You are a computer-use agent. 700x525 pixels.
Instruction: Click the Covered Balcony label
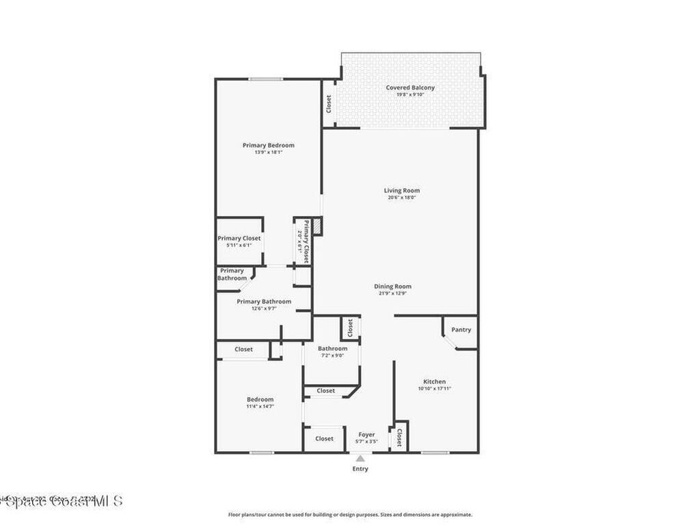(x=410, y=87)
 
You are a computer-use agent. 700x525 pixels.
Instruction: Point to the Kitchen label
(x=434, y=381)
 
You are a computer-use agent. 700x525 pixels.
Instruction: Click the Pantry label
(x=461, y=329)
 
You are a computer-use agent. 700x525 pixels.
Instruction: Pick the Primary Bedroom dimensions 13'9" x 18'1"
(x=269, y=152)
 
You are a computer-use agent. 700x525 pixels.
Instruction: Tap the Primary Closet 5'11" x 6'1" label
(x=239, y=239)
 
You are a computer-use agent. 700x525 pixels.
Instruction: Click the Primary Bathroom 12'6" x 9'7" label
(x=264, y=301)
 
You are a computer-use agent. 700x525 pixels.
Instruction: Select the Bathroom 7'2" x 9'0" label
(x=332, y=349)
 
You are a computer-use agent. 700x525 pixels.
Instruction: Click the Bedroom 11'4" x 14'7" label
(x=260, y=399)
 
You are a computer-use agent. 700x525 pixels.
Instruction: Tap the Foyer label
(x=367, y=435)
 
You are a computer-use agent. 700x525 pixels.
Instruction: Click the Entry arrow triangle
(x=360, y=459)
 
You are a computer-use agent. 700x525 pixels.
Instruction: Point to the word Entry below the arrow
(x=360, y=469)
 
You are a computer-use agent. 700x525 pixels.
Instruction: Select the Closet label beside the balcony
(x=329, y=104)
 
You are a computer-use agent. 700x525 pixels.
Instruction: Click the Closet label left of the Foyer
(x=324, y=439)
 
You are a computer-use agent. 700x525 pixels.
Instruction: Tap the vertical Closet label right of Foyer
(x=399, y=437)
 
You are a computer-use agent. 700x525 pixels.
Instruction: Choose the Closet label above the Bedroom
(x=243, y=349)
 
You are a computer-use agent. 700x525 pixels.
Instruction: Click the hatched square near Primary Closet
(x=317, y=227)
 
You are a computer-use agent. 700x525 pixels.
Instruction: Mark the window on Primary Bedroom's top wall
(x=265, y=79)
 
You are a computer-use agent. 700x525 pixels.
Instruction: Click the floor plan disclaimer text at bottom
(x=349, y=515)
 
